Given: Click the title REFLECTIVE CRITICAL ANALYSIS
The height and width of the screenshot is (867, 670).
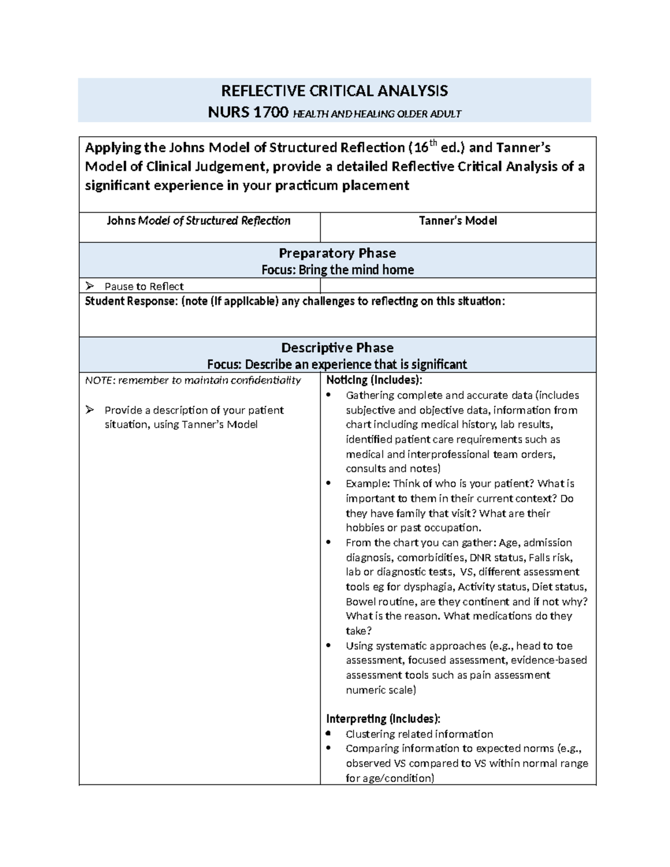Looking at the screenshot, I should pos(334,91).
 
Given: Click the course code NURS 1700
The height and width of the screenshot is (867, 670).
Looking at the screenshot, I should pos(248,113).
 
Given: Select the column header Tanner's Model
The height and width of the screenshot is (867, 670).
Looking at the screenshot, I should pos(458,221).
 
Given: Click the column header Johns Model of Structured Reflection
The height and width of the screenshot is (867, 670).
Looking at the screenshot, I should pos(199,221).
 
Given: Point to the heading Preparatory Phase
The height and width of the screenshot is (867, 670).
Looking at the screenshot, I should pos(337,253).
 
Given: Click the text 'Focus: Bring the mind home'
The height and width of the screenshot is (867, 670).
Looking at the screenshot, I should pos(337,270).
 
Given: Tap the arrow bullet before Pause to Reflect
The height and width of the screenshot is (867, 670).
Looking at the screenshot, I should pos(90,286).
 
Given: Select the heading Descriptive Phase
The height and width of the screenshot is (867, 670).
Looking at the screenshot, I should pos(337,348).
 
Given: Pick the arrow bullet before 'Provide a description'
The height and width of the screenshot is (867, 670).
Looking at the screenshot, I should pos(90,410).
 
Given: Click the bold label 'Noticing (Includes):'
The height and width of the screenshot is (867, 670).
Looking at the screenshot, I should pos(374,381).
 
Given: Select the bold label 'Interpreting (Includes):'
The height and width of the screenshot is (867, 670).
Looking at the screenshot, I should pos(383,719).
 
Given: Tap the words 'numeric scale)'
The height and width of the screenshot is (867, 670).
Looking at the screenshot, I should pos(381,690).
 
